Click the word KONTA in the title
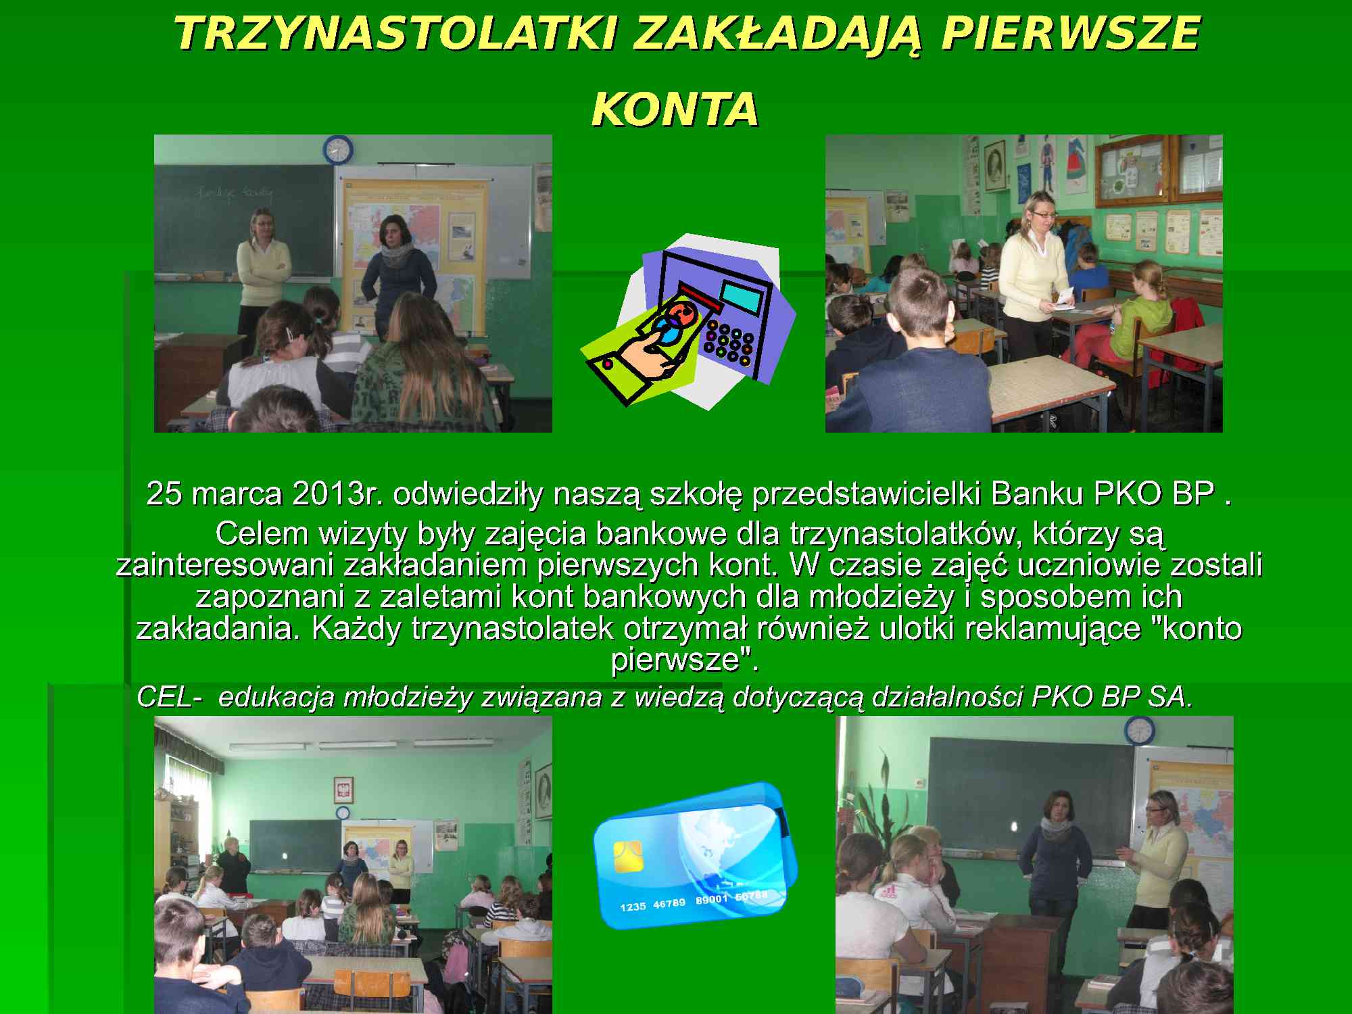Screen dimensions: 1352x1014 [675, 110]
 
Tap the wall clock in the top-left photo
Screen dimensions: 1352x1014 [337, 149]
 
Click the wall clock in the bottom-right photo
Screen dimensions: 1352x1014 [1139, 731]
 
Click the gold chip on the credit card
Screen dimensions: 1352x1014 [628, 857]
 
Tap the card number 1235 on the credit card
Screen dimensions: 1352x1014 [633, 907]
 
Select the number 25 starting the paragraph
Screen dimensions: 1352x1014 [164, 494]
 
